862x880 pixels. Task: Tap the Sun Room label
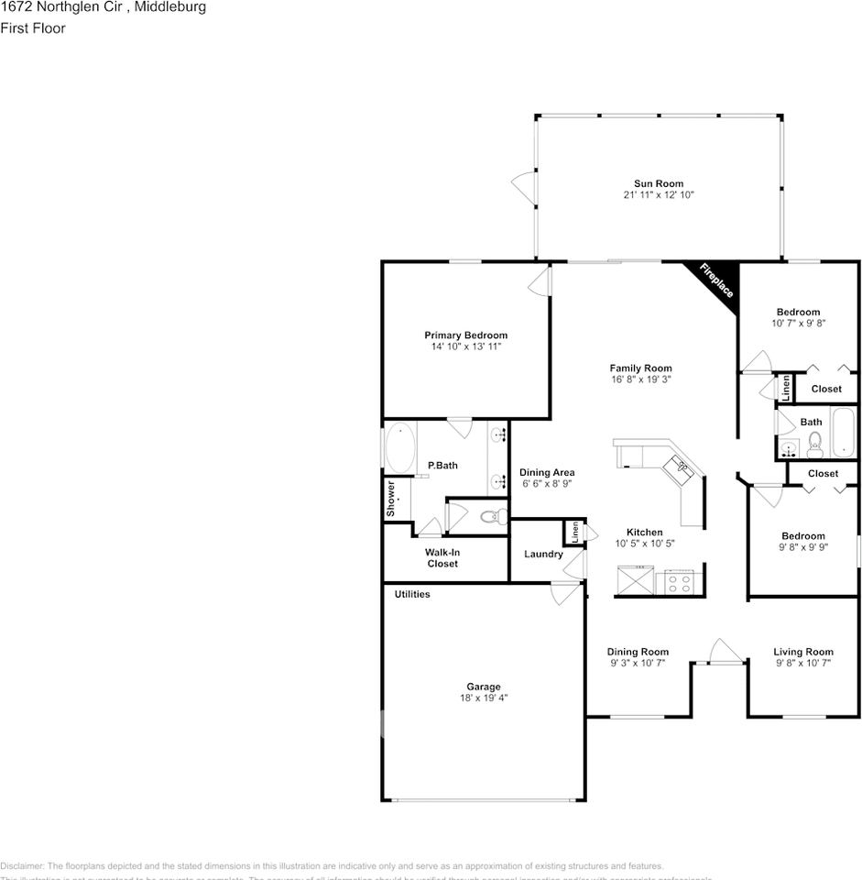659,183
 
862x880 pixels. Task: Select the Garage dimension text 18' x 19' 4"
483,698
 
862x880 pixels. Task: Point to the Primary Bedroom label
465,335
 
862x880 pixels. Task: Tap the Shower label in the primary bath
391,497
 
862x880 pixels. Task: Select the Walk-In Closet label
442,558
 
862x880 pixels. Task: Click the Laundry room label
543,554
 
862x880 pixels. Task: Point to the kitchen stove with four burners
680,581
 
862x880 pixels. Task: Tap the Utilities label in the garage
412,594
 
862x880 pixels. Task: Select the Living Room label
802,652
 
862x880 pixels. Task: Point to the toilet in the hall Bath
814,445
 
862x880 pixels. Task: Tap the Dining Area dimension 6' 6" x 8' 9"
547,484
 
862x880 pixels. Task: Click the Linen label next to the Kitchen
575,531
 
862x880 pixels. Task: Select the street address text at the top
103,7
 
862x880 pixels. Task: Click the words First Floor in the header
33,28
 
